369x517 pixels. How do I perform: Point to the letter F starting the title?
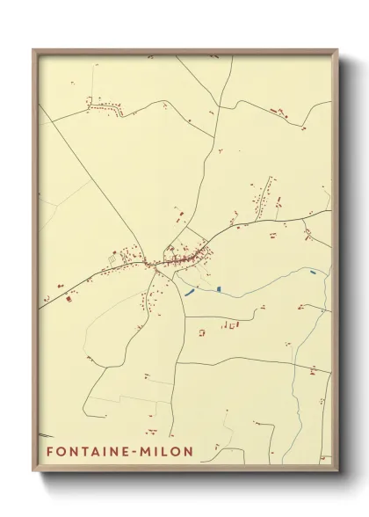pos(50,452)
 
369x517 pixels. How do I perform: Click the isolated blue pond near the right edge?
pos(315,273)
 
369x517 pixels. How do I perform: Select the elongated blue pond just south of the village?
pos(189,291)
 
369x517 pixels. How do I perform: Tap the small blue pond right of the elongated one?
pos(218,288)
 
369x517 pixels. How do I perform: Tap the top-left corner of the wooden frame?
pos(33,50)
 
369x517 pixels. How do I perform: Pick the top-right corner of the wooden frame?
pos(337,50)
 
